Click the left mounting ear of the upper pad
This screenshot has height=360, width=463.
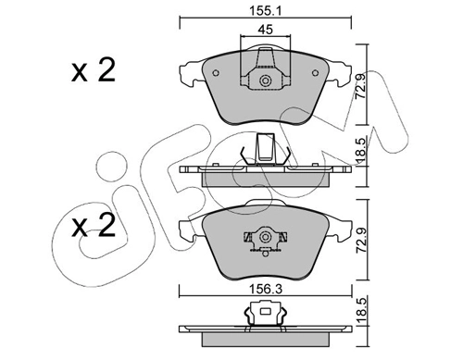(x=187, y=70)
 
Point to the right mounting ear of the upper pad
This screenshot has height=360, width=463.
(x=342, y=70)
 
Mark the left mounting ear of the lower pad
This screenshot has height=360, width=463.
(x=187, y=228)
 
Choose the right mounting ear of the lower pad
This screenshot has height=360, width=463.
(x=342, y=228)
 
